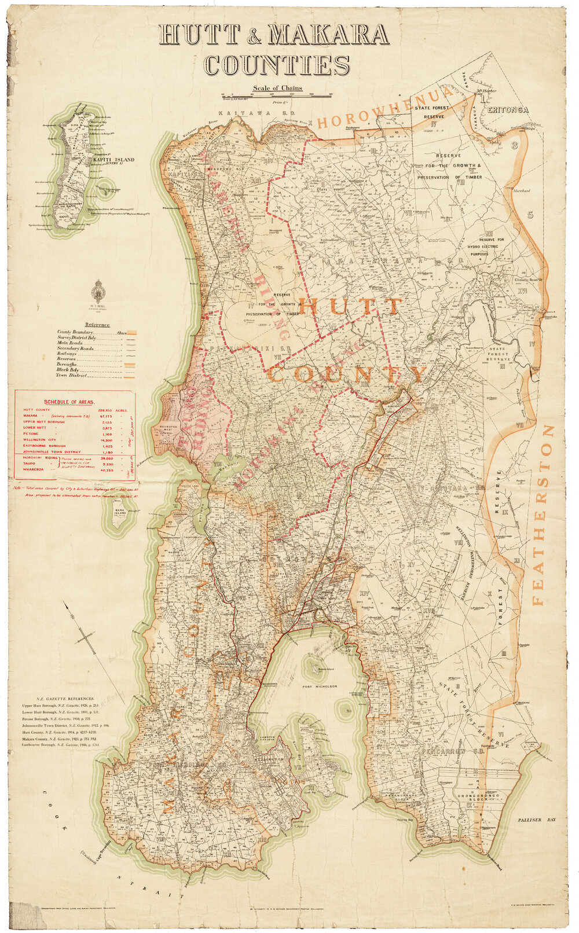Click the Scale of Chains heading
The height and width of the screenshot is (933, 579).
tap(277, 88)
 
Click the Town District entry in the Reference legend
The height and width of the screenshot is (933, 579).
tap(71, 376)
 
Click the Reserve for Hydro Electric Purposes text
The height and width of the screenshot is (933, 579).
tap(491, 246)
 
